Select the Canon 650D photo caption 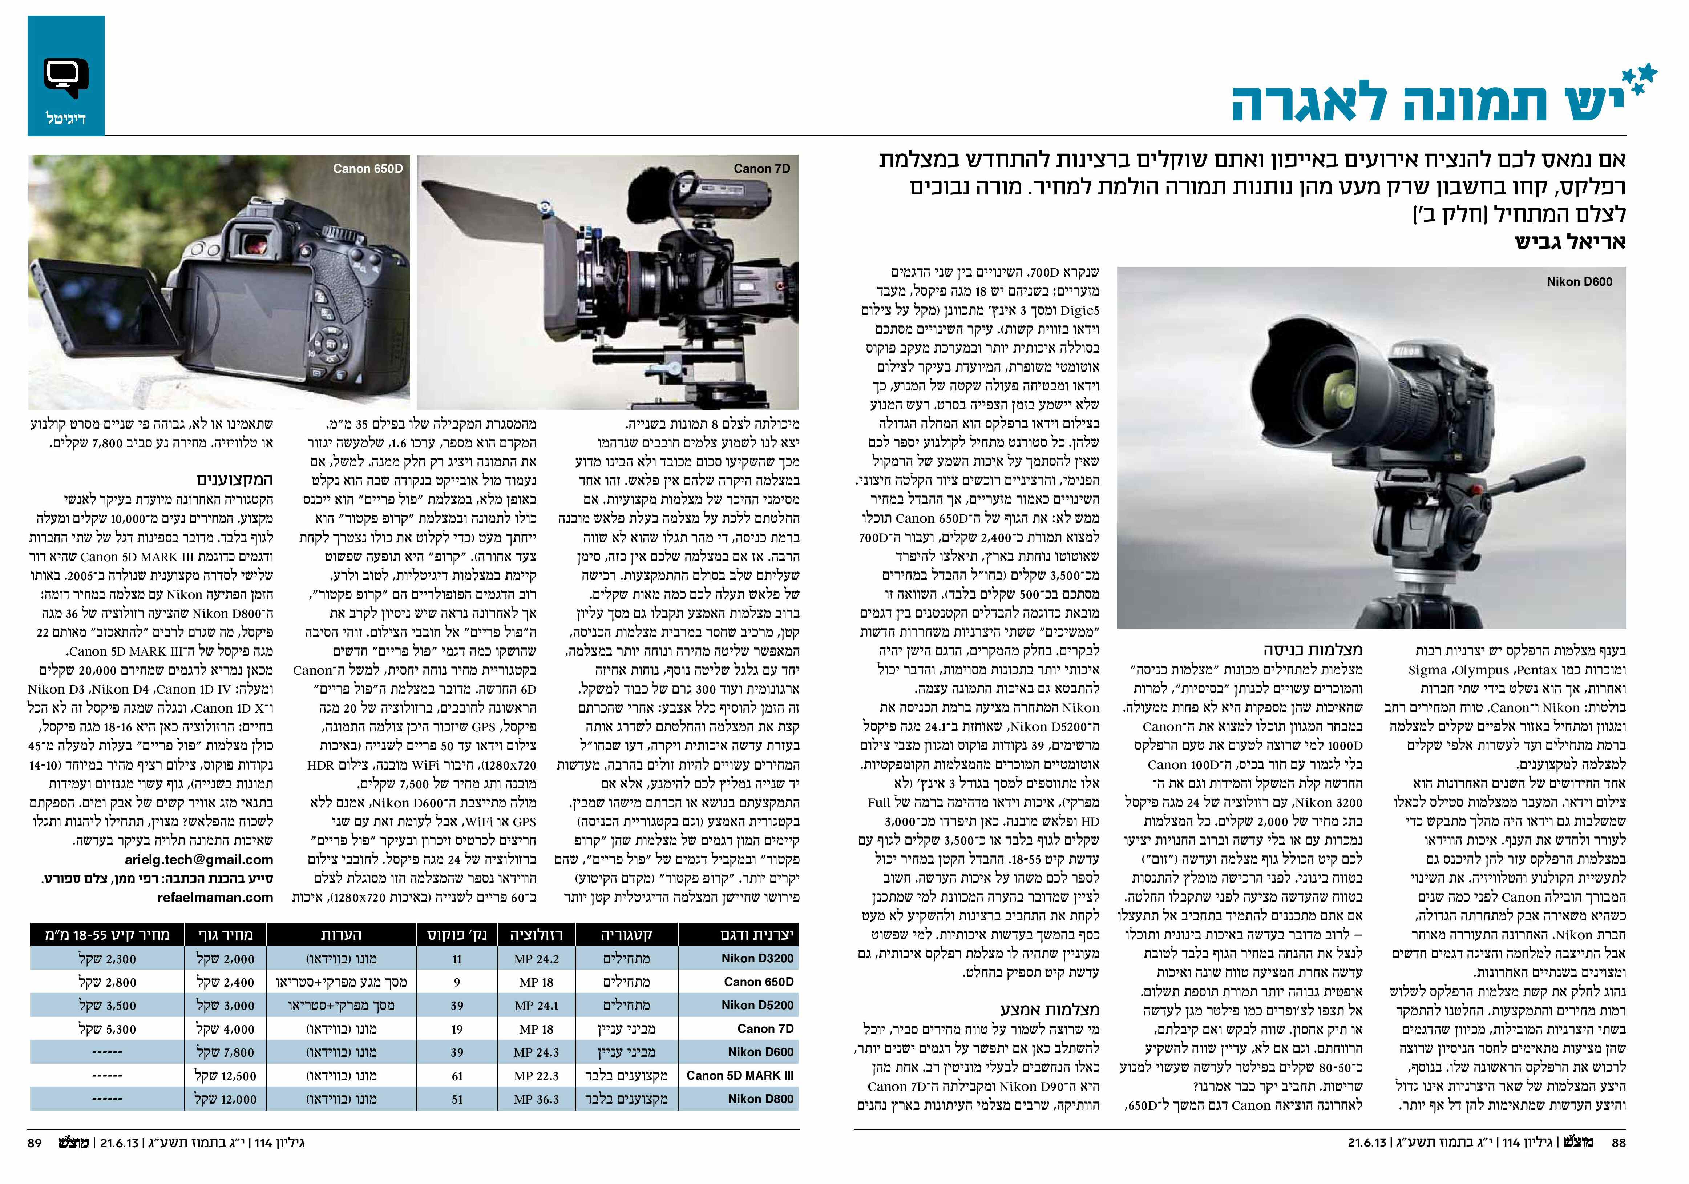368,169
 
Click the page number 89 35,1143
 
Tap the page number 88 1619,1143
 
